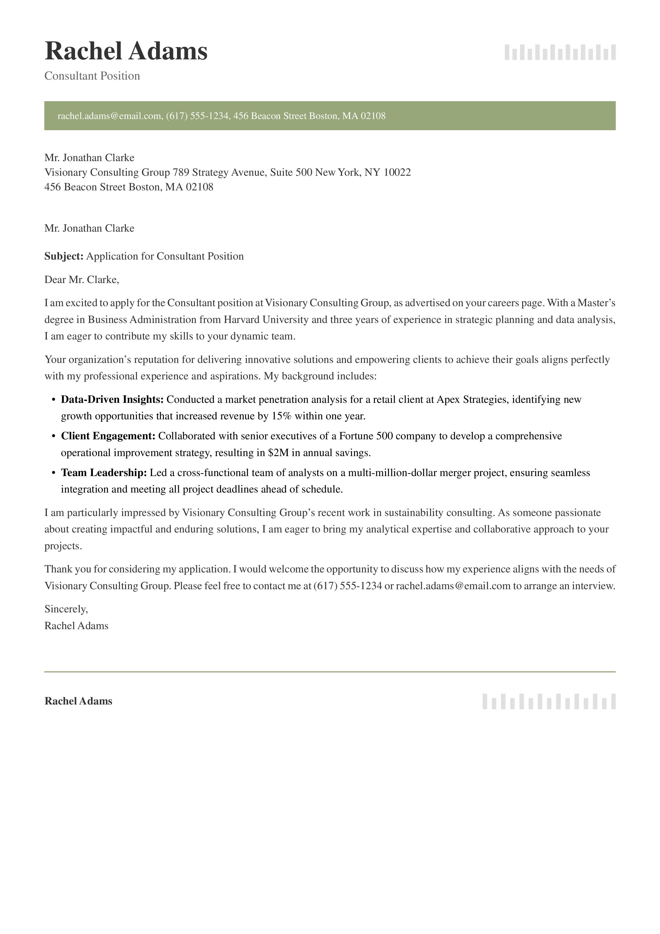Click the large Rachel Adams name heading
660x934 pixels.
tap(126, 52)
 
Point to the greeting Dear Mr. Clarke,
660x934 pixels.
tap(82, 280)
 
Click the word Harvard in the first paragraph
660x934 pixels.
tap(242, 320)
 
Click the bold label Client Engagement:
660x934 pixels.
tap(108, 436)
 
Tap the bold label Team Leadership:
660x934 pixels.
tap(104, 473)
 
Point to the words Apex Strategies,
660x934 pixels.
tap(473, 399)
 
